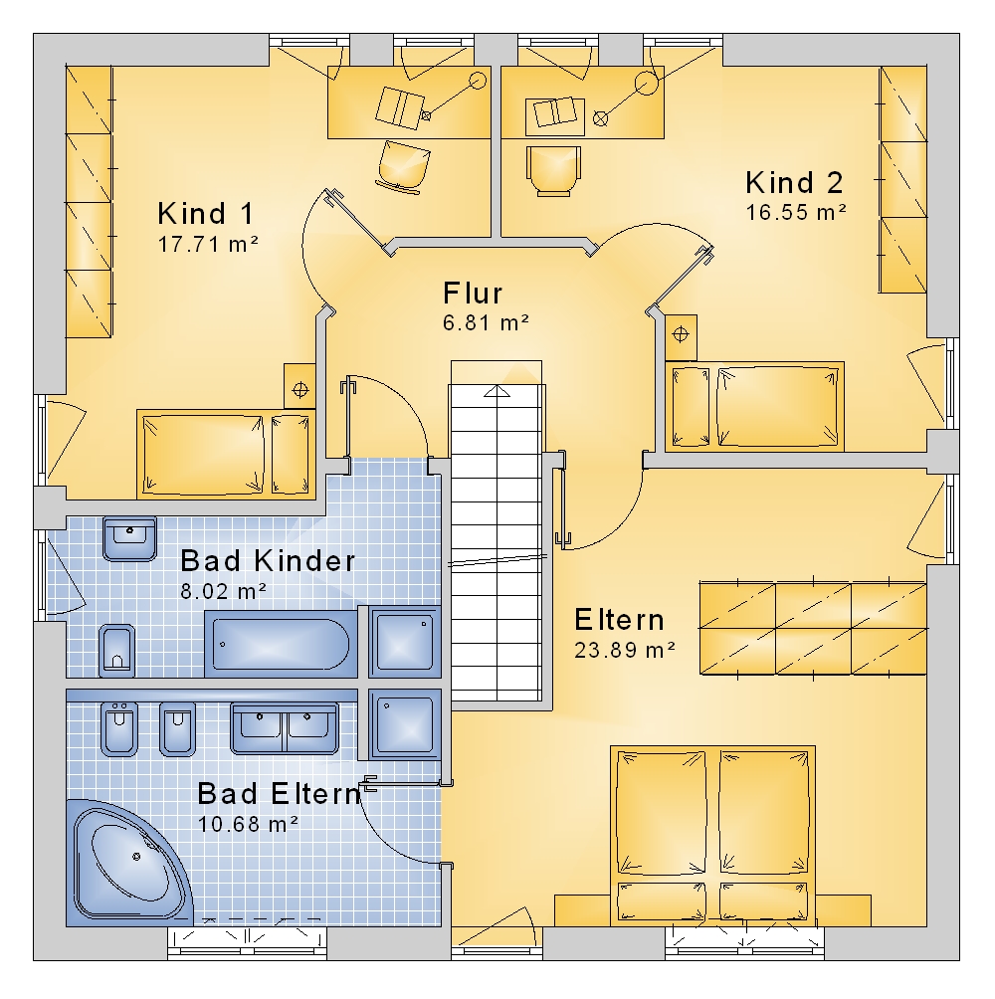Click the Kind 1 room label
tap(205, 214)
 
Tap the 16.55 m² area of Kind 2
tap(796, 212)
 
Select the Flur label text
tap(473, 294)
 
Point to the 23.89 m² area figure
tap(625, 650)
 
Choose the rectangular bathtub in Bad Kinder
tap(281, 644)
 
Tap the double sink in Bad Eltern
tap(285, 728)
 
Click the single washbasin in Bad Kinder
tap(130, 539)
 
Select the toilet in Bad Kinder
tap(117, 650)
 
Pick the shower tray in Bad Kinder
tap(405, 642)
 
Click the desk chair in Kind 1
tap(403, 165)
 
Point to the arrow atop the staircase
tap(497, 391)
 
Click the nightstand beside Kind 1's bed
tap(299, 387)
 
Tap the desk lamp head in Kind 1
tap(478, 81)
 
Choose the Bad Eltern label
tap(279, 794)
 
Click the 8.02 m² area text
tap(223, 591)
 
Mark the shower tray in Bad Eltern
tap(405, 724)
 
